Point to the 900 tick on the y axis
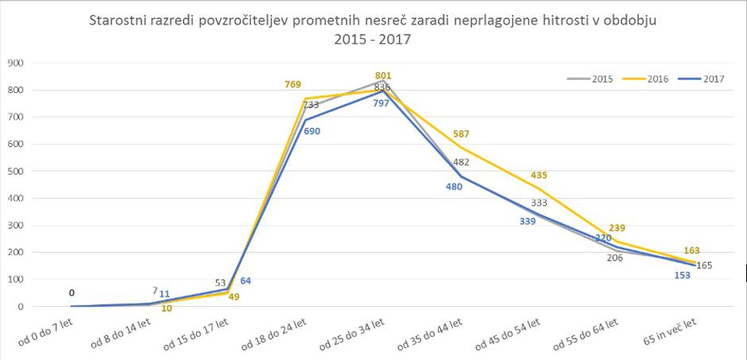point(14,63)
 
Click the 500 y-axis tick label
point(14,171)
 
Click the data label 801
point(384,76)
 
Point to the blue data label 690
point(311,131)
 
